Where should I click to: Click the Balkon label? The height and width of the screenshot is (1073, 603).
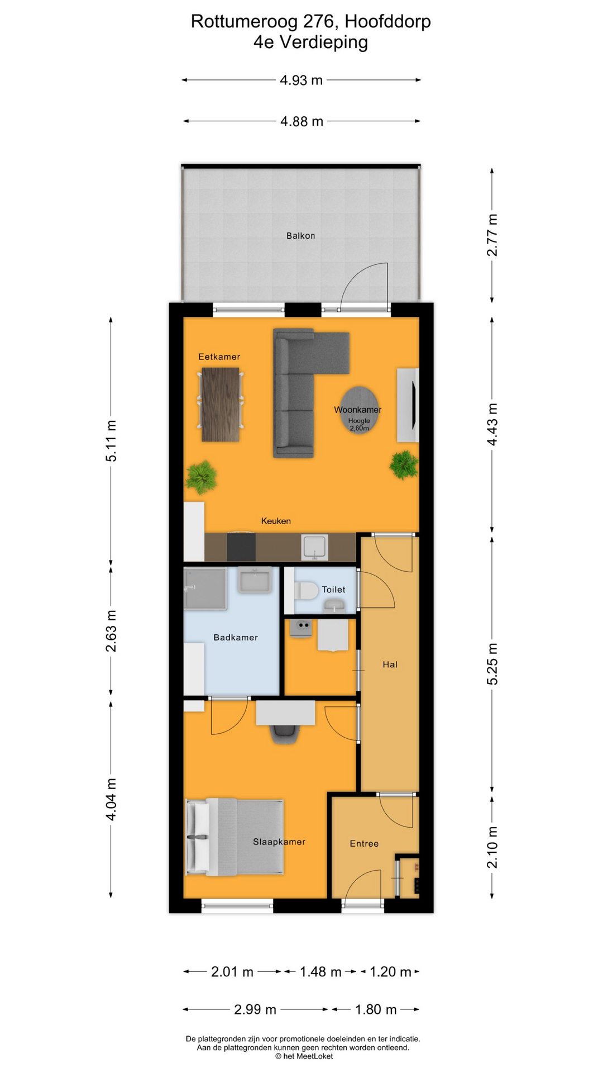(300, 236)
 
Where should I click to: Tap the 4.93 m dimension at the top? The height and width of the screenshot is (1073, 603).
(301, 80)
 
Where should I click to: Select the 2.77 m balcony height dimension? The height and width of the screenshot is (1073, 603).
(492, 235)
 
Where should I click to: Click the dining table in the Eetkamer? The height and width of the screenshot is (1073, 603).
(221, 404)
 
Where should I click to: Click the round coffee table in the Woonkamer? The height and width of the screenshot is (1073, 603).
(360, 410)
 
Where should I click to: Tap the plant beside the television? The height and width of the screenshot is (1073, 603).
(404, 464)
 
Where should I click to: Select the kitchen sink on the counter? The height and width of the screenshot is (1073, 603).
(315, 547)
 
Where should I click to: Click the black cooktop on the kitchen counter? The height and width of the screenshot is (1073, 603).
(241, 547)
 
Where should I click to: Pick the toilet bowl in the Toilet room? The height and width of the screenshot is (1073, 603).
(306, 590)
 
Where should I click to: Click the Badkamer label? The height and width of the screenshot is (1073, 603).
(236, 638)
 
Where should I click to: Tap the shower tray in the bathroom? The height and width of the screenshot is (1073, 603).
(205, 589)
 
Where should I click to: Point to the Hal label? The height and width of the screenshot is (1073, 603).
(390, 664)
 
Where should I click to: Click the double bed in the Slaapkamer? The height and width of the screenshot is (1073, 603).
(234, 837)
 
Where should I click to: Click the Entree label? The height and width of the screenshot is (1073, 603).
(364, 844)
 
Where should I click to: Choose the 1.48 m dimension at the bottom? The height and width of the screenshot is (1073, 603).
(320, 972)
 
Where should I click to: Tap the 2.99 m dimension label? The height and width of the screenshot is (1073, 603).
(255, 1009)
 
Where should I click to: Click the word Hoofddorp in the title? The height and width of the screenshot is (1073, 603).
(388, 22)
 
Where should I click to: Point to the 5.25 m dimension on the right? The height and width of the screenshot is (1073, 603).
(492, 664)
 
